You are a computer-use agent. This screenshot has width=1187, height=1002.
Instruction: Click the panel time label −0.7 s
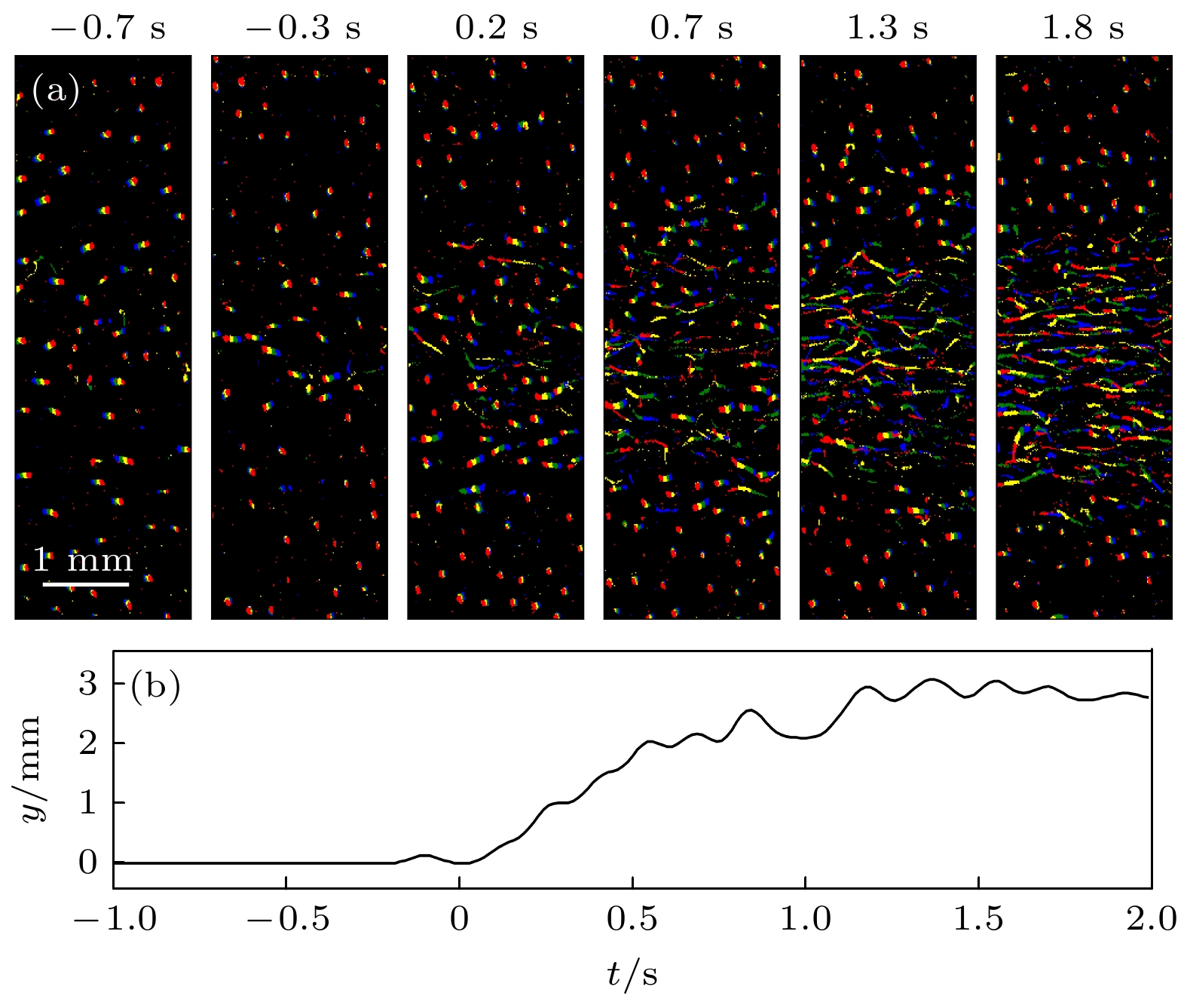point(108,29)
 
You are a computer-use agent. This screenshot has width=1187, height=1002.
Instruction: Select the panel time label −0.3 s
point(303,29)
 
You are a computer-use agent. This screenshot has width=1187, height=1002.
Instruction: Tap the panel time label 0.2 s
point(496,29)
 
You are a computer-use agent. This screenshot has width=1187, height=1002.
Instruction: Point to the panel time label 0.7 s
point(691,29)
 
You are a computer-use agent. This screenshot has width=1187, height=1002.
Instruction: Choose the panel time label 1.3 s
point(887,29)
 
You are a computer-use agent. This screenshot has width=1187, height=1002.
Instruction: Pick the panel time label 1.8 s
point(1082,29)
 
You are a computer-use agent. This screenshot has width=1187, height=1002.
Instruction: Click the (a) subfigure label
point(55,91)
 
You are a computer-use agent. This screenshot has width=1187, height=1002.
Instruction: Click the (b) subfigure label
point(155,686)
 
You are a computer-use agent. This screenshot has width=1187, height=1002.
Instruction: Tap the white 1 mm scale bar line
point(86,584)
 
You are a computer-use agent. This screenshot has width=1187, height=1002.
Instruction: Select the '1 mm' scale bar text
point(82,560)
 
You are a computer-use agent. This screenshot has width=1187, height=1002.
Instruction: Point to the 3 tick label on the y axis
point(88,684)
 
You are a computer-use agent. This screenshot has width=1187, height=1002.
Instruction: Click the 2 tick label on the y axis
point(88,743)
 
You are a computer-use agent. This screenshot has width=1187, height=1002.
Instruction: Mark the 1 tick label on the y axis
point(88,803)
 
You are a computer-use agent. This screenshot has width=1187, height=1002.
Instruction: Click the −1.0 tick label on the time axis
point(115,919)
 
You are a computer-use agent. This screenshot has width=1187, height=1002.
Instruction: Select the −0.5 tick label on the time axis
point(288,919)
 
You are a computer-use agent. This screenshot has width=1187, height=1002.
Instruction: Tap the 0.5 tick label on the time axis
point(632,919)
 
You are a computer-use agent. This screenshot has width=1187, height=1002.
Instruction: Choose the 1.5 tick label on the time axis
point(978,919)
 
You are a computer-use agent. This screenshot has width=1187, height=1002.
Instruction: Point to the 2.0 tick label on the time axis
point(1151,919)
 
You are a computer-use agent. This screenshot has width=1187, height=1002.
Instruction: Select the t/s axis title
point(632,974)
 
